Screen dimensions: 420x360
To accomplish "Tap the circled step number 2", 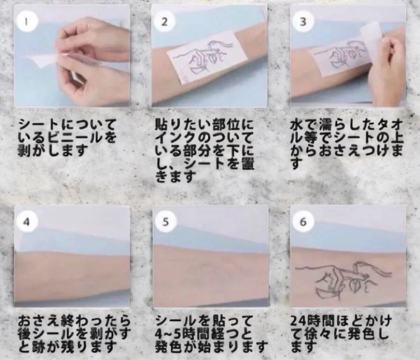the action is click(164, 22).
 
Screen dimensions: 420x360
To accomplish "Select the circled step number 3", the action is click(303, 22).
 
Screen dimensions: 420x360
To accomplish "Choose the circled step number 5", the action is click(166, 222).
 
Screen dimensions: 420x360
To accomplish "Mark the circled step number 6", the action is click(303, 222).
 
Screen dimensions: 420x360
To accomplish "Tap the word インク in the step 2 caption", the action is click(177, 137).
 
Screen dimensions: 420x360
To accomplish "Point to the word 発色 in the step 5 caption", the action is click(167, 347).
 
